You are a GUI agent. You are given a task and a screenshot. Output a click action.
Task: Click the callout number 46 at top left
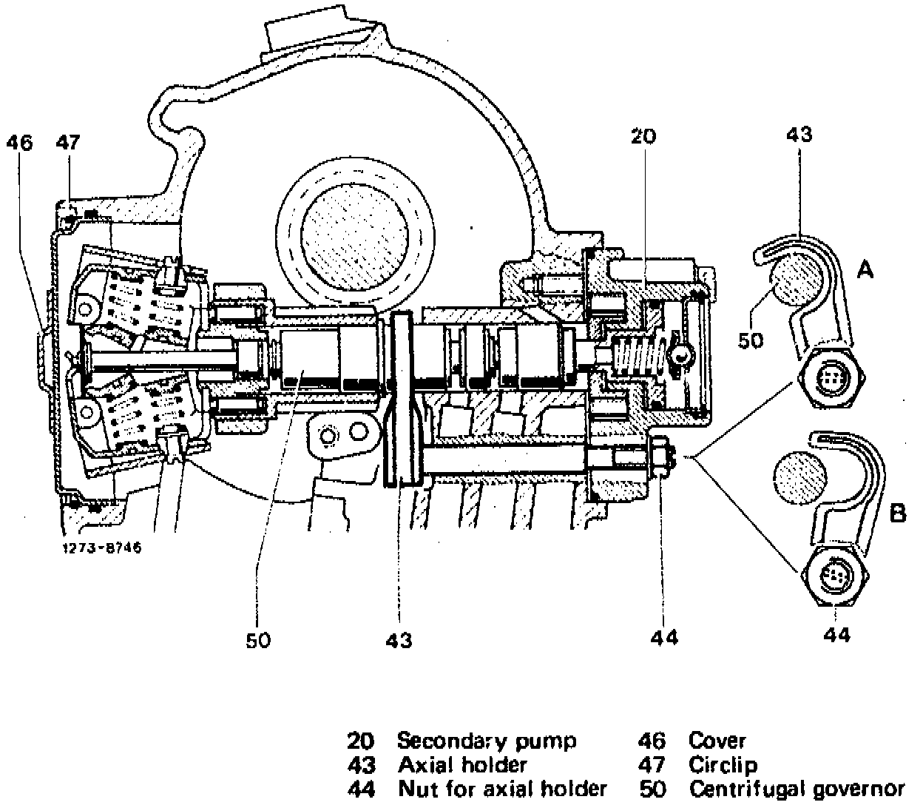pyautogui.click(x=20, y=143)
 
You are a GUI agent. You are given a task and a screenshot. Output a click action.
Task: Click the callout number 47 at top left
pyautogui.click(x=68, y=142)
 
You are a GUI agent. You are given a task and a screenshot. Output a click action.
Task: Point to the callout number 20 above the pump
pyautogui.click(x=643, y=136)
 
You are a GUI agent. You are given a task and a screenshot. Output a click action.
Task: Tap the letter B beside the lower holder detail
pyautogui.click(x=897, y=513)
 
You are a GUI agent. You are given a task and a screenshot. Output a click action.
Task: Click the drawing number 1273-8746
pyautogui.click(x=102, y=548)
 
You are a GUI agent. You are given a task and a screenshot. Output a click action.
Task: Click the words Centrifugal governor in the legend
pyautogui.click(x=797, y=789)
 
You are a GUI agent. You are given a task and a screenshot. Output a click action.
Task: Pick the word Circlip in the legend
pyautogui.click(x=723, y=764)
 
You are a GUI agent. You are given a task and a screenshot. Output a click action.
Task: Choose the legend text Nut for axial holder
pyautogui.click(x=502, y=788)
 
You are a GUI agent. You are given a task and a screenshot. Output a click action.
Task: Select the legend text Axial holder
pyautogui.click(x=462, y=764)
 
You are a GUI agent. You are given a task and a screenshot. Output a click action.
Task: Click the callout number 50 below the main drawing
pyautogui.click(x=258, y=640)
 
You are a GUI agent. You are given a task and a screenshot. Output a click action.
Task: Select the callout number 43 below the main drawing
pyautogui.click(x=399, y=640)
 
